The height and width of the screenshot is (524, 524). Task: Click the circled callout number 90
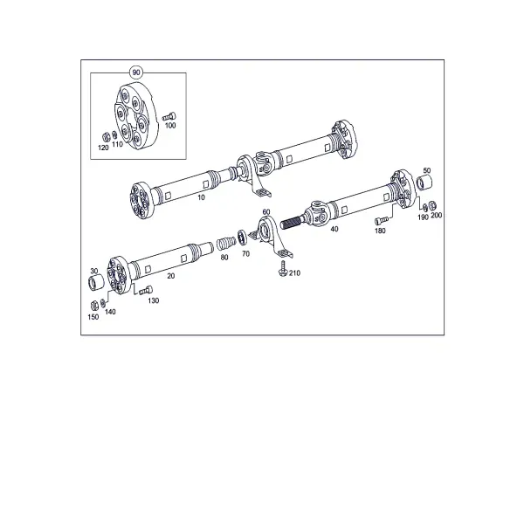(136, 72)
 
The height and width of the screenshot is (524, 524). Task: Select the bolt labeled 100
(169, 117)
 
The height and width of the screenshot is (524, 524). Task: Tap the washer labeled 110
(114, 134)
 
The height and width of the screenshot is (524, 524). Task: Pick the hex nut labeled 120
(106, 137)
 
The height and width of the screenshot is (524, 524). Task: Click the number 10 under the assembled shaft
(201, 197)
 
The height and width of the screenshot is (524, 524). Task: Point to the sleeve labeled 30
(96, 283)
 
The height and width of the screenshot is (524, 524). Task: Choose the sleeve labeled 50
(424, 183)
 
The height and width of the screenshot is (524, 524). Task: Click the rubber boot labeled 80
(226, 244)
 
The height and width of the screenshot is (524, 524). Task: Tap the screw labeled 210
(283, 269)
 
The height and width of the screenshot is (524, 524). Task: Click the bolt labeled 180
(382, 221)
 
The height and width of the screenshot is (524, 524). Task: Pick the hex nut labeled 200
(432, 205)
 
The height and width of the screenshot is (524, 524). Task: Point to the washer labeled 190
(425, 207)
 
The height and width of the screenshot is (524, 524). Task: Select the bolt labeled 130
(146, 290)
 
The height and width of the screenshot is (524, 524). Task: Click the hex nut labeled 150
(94, 305)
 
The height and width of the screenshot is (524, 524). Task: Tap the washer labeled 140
(103, 303)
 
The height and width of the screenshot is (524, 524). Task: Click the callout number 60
(266, 212)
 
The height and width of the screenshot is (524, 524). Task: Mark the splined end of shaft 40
(292, 222)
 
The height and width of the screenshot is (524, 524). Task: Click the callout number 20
(171, 276)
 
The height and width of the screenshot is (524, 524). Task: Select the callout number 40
(334, 229)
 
